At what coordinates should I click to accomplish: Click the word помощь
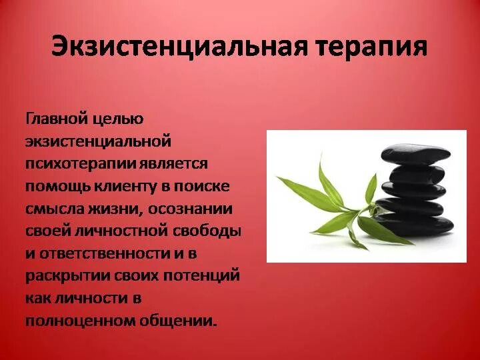60,186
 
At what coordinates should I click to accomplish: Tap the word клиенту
131,186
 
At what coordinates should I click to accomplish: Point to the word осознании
191,209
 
